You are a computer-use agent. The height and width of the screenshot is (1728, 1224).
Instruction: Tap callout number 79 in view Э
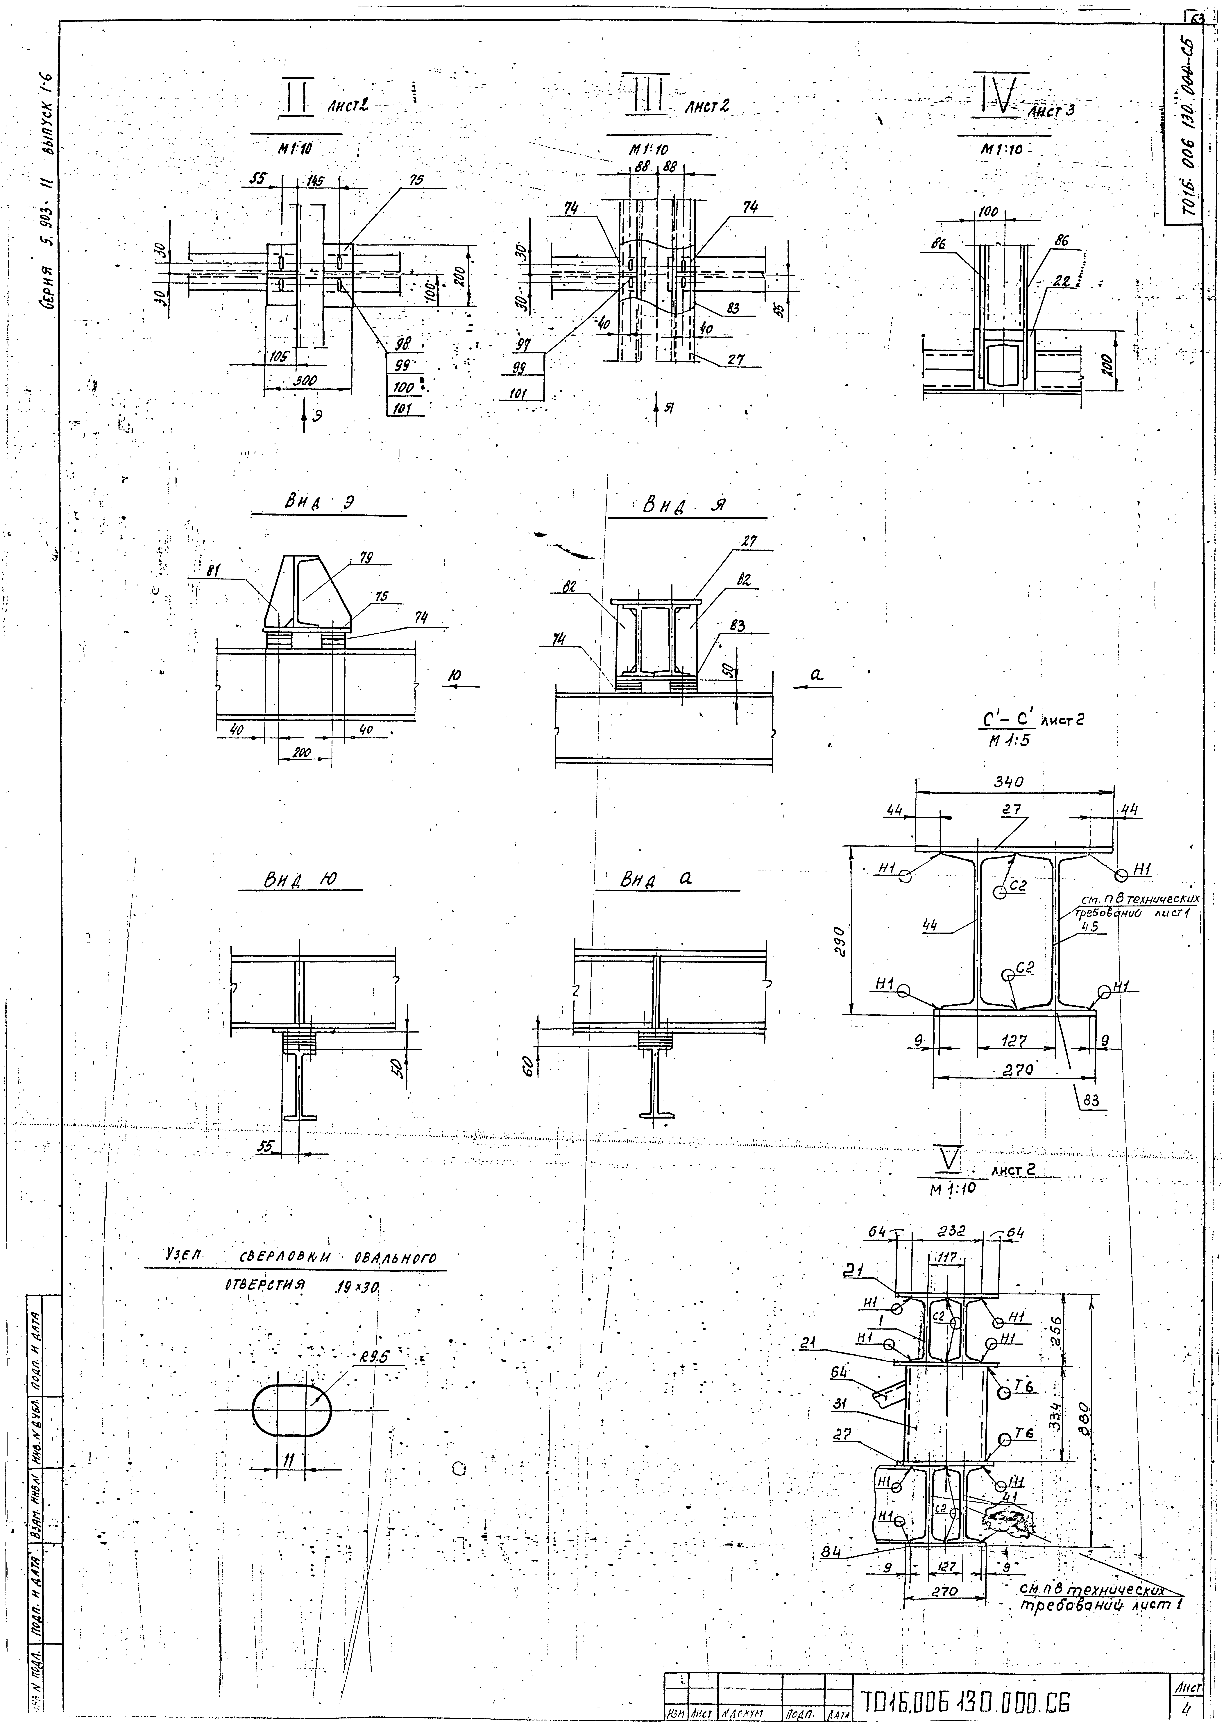pyautogui.click(x=367, y=558)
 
